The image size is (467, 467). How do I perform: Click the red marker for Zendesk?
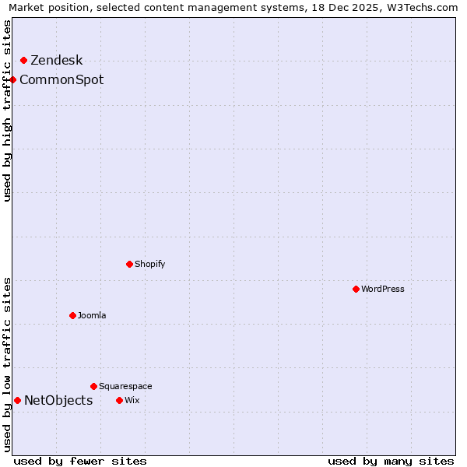(x=23, y=60)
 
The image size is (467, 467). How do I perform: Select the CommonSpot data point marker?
(x=12, y=79)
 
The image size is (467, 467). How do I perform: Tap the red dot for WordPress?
(x=356, y=289)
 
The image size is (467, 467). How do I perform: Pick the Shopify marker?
(x=129, y=264)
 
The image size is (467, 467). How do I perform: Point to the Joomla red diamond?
(x=72, y=315)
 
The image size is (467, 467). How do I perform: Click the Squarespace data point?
(x=93, y=386)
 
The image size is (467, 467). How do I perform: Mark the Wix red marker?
(x=119, y=400)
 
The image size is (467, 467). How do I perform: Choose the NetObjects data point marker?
(x=17, y=400)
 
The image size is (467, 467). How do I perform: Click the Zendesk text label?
(x=56, y=61)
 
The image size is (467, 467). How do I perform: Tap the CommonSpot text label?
(x=61, y=80)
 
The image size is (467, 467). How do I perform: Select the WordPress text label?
(x=383, y=290)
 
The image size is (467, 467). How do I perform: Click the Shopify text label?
(x=150, y=265)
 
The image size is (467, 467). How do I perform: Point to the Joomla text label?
(x=92, y=316)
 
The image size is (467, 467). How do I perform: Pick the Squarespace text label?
(x=125, y=387)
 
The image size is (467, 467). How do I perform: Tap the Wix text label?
(x=132, y=401)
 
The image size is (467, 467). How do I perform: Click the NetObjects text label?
(x=58, y=401)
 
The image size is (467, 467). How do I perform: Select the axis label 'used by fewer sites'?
(x=80, y=461)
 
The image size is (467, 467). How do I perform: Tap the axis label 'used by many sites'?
(x=391, y=461)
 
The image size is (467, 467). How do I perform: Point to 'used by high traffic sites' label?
(x=8, y=111)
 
